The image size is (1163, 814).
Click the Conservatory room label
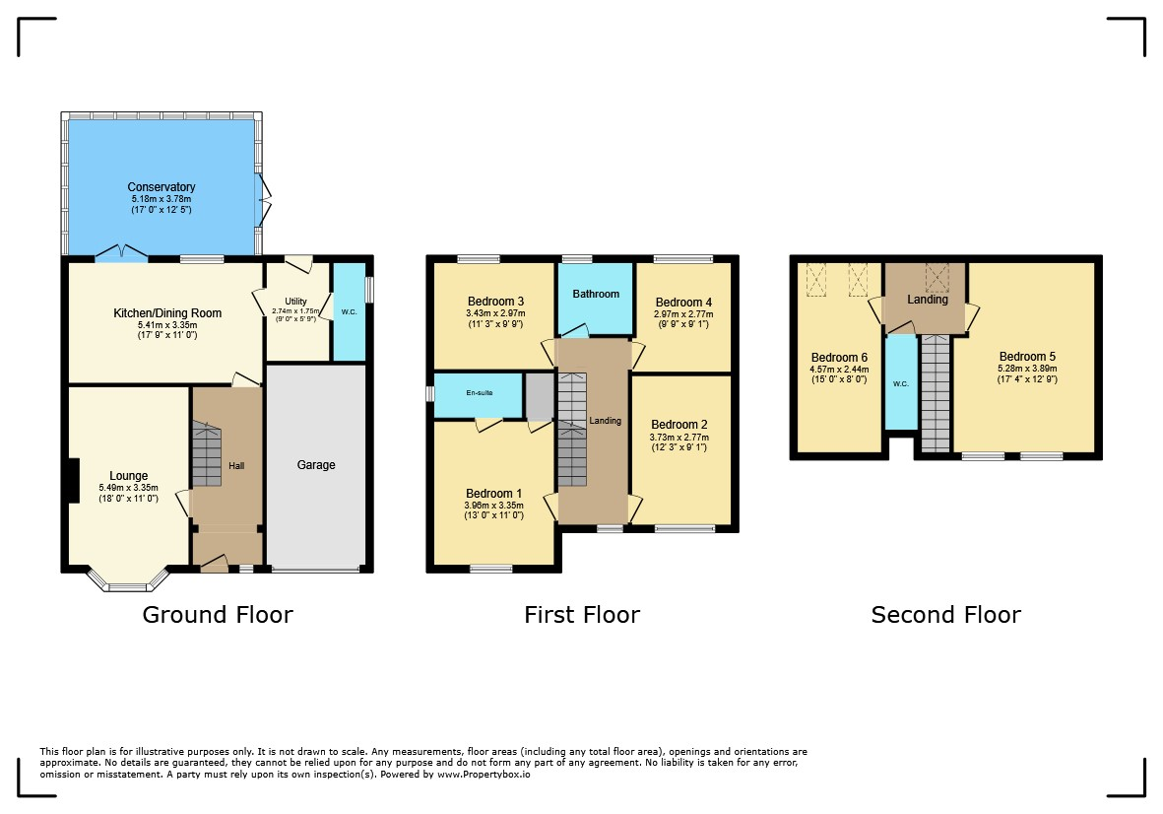[161, 187]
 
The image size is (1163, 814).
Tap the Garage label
[316, 464]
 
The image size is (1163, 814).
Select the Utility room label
[296, 302]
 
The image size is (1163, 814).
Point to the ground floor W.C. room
[350, 311]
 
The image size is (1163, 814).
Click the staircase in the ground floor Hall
[207, 453]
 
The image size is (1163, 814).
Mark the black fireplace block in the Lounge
[74, 481]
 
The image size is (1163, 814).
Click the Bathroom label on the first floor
[596, 294]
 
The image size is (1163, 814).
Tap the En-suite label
[480, 392]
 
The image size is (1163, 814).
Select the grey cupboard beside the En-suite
[540, 397]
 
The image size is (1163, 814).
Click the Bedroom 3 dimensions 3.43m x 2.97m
[495, 313]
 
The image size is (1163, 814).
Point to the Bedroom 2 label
[679, 425]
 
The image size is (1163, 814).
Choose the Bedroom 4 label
[683, 302]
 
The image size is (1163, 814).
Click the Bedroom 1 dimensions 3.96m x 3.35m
[494, 506]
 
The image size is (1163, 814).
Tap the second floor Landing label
[927, 299]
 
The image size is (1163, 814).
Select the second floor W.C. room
[901, 382]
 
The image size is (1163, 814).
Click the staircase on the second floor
[936, 393]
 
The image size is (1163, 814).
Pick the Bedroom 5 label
[1027, 356]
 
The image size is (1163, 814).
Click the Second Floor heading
[945, 614]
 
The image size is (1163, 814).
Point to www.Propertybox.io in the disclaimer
[484, 774]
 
